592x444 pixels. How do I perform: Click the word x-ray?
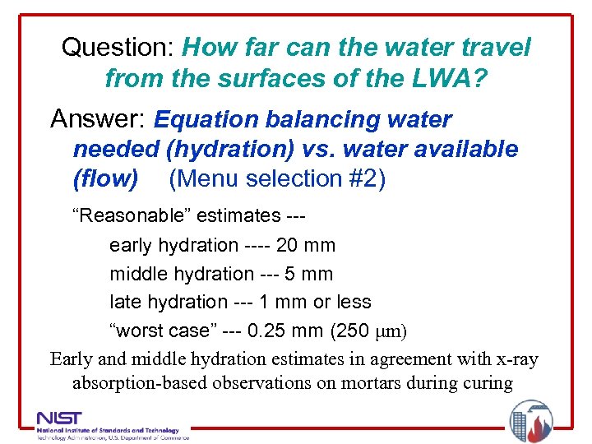tap(513, 358)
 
